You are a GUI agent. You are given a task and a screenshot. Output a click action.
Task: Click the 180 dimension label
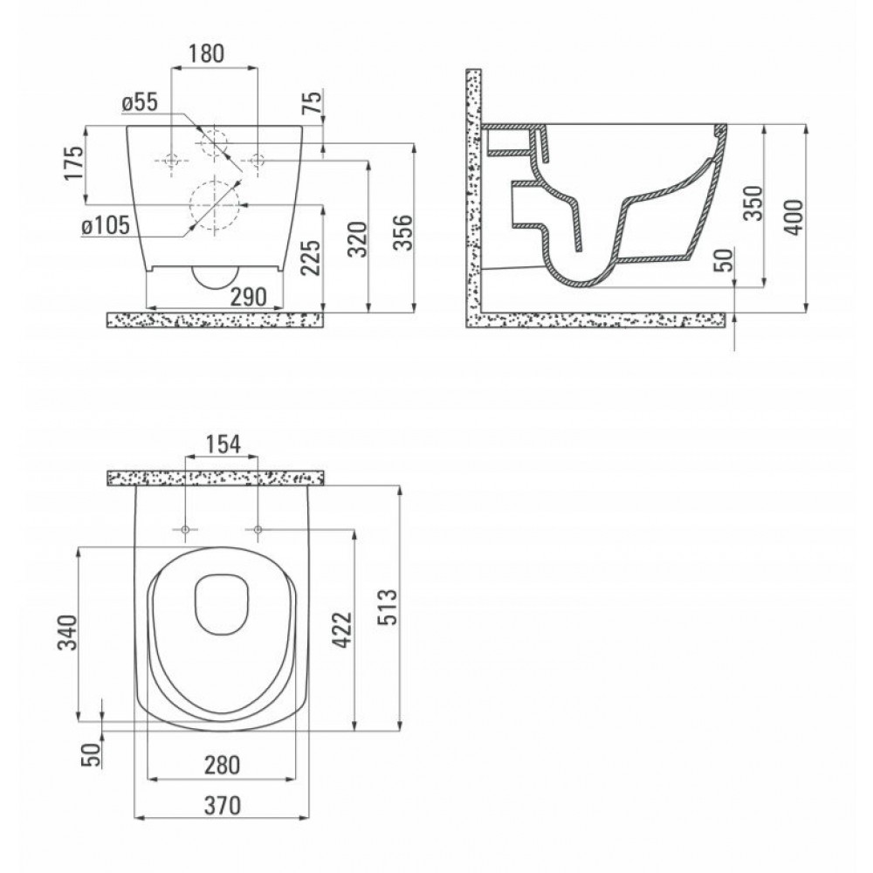tap(206, 53)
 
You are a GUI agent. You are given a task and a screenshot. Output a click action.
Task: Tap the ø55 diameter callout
tap(140, 102)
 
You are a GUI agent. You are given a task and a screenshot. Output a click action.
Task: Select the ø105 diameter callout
tap(106, 225)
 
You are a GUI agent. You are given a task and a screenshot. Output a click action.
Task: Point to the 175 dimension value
tap(73, 162)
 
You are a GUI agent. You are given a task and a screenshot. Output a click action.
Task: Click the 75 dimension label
tap(313, 102)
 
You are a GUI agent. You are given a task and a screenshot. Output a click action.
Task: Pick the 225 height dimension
tap(311, 258)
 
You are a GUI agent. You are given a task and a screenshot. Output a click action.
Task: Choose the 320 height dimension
tap(358, 239)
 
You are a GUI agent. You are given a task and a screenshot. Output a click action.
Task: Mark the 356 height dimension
tap(403, 232)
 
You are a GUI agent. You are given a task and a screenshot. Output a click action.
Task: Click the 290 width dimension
tap(248, 297)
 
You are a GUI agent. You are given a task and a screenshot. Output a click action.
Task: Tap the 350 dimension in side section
tap(753, 203)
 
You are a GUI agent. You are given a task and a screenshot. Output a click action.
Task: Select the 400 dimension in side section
tap(794, 217)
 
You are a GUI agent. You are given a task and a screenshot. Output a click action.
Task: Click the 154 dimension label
tap(223, 444)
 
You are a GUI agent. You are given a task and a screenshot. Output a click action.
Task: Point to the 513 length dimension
tap(388, 607)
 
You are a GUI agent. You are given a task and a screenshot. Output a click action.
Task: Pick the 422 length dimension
tap(342, 629)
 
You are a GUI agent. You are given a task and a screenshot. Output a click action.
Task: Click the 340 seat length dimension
tap(68, 632)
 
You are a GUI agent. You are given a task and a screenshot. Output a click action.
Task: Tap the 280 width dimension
tap(222, 765)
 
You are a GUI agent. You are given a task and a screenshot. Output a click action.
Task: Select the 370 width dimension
tap(222, 805)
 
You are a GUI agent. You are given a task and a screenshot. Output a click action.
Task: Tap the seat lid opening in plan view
tap(222, 605)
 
